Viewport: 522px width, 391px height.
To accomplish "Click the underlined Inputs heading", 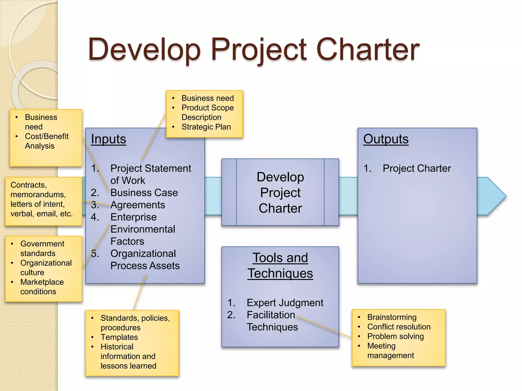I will point(109,139).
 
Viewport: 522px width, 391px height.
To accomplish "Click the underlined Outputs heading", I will point(386,139).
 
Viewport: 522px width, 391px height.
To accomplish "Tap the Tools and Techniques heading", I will point(280,266).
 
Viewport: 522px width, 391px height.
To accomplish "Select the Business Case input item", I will point(144,193).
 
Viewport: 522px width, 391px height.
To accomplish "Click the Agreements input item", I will point(138,205).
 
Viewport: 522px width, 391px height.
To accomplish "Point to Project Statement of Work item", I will point(150,174).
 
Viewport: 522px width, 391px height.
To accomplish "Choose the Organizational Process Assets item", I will point(145,260).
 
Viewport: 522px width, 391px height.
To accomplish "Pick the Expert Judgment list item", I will point(285,303).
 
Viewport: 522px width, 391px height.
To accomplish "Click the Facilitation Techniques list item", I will point(272,321).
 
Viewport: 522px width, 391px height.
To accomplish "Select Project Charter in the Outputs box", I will point(417,169).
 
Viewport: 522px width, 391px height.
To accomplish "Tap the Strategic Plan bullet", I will point(206,127).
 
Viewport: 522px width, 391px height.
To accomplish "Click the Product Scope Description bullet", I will point(207,113).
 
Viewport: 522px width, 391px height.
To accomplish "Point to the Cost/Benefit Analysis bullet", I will point(46,141).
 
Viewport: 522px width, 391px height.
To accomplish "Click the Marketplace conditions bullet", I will point(42,287).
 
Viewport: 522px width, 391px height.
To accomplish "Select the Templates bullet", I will point(119,337).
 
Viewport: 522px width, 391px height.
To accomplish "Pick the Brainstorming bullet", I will point(392,317).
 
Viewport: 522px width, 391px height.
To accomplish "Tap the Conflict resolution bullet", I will point(399,327).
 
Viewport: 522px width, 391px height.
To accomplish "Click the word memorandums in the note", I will point(38,195).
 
